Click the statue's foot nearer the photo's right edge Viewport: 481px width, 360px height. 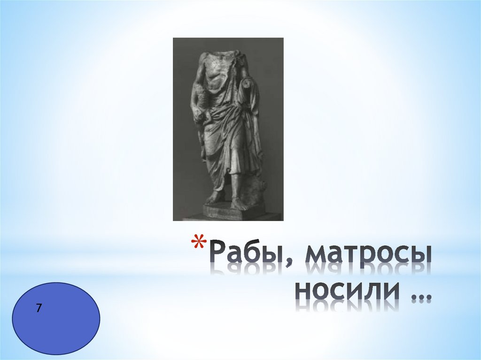(x=238, y=204)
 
